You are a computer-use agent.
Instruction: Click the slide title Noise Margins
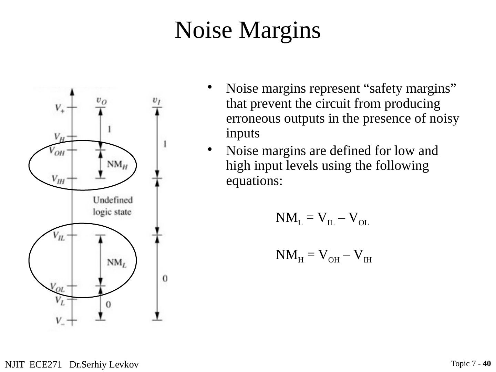pyautogui.click(x=248, y=30)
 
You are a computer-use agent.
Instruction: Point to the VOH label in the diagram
pyautogui.click(x=56, y=151)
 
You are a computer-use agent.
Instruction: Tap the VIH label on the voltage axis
pyautogui.click(x=58, y=179)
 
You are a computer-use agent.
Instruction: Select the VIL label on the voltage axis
pyautogui.click(x=59, y=236)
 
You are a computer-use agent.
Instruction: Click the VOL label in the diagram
pyautogui.click(x=57, y=287)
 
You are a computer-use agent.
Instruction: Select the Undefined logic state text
pyautogui.click(x=113, y=206)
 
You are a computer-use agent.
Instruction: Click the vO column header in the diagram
pyautogui.click(x=101, y=100)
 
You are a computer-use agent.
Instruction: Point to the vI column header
pyautogui.click(x=157, y=100)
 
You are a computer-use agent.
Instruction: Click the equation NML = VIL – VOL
pyautogui.click(x=322, y=219)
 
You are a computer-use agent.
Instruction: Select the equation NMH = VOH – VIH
pyautogui.click(x=323, y=256)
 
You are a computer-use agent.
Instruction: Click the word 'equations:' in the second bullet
pyautogui.click(x=254, y=181)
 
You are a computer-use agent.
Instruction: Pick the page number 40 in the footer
pyautogui.click(x=487, y=364)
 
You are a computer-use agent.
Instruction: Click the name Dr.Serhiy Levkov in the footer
pyautogui.click(x=104, y=364)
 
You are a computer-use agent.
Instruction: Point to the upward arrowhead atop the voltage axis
pyautogui.click(x=72, y=92)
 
